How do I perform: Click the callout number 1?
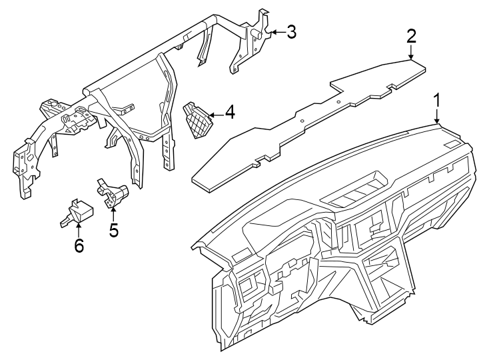(437, 101)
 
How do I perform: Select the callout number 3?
(291, 31)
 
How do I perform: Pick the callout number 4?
(229, 112)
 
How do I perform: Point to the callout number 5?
(113, 230)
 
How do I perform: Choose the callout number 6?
(79, 246)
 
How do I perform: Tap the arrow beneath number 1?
(437, 116)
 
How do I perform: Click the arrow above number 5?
(113, 215)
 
